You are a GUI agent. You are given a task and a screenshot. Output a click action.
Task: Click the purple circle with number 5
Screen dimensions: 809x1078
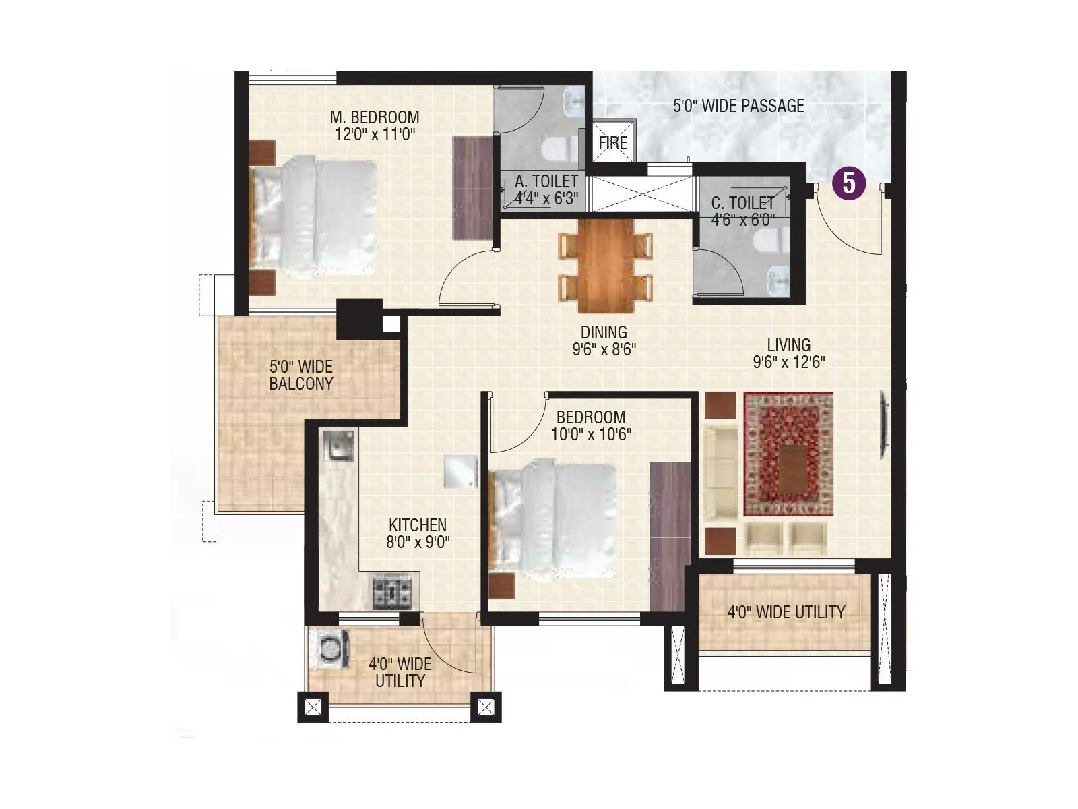tap(849, 183)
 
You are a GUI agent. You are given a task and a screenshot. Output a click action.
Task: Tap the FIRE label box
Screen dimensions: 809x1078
tap(612, 142)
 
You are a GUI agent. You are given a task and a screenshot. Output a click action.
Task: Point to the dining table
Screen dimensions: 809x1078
tap(606, 266)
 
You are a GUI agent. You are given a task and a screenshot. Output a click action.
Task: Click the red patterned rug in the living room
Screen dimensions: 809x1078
tap(788, 454)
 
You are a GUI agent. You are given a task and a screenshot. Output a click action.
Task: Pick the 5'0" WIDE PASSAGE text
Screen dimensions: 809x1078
tap(738, 106)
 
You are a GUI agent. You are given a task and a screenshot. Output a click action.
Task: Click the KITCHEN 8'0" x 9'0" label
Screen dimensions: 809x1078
tap(418, 533)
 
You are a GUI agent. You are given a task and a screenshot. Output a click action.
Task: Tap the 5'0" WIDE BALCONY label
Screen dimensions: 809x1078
tap(301, 376)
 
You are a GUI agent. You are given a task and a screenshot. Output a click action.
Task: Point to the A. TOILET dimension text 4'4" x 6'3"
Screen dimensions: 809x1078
tap(546, 198)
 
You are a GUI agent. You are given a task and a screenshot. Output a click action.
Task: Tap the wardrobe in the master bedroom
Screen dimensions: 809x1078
tap(473, 187)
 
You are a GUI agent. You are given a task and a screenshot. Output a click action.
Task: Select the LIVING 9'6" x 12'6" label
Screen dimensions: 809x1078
tap(788, 353)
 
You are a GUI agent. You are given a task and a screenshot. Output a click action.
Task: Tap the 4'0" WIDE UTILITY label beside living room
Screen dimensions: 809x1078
tap(786, 612)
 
